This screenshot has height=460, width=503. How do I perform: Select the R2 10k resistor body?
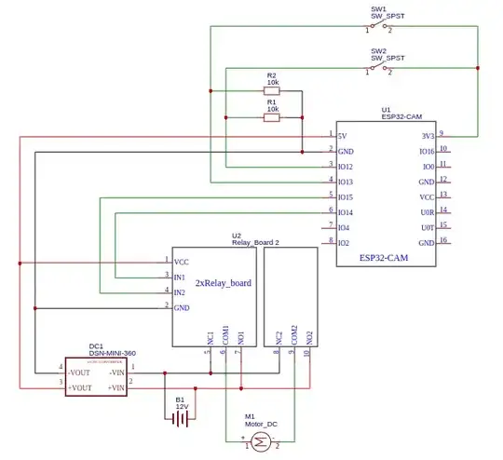(x=272, y=91)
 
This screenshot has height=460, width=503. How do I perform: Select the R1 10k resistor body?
(x=272, y=117)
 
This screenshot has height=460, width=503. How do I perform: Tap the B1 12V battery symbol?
(x=181, y=418)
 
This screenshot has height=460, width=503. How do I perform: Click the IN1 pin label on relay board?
(x=180, y=277)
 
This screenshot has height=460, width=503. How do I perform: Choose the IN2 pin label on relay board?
(x=180, y=292)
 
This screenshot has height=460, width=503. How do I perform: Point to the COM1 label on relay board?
(x=224, y=332)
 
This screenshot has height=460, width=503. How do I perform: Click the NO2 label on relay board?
(x=308, y=333)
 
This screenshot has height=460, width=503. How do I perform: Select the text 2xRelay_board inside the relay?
(x=223, y=282)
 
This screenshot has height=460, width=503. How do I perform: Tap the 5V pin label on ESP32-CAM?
(x=343, y=135)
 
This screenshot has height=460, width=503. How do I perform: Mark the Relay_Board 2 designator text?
(x=256, y=242)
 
